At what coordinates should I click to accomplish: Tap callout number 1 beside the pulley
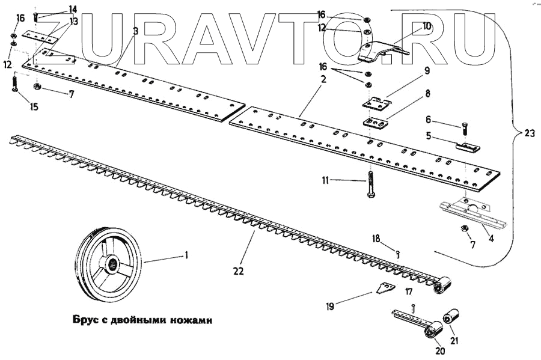pyautogui.click(x=186, y=255)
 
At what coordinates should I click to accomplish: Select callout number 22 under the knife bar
pyautogui.click(x=238, y=272)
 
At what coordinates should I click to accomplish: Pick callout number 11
pyautogui.click(x=326, y=179)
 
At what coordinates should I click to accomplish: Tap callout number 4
pyautogui.click(x=491, y=239)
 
